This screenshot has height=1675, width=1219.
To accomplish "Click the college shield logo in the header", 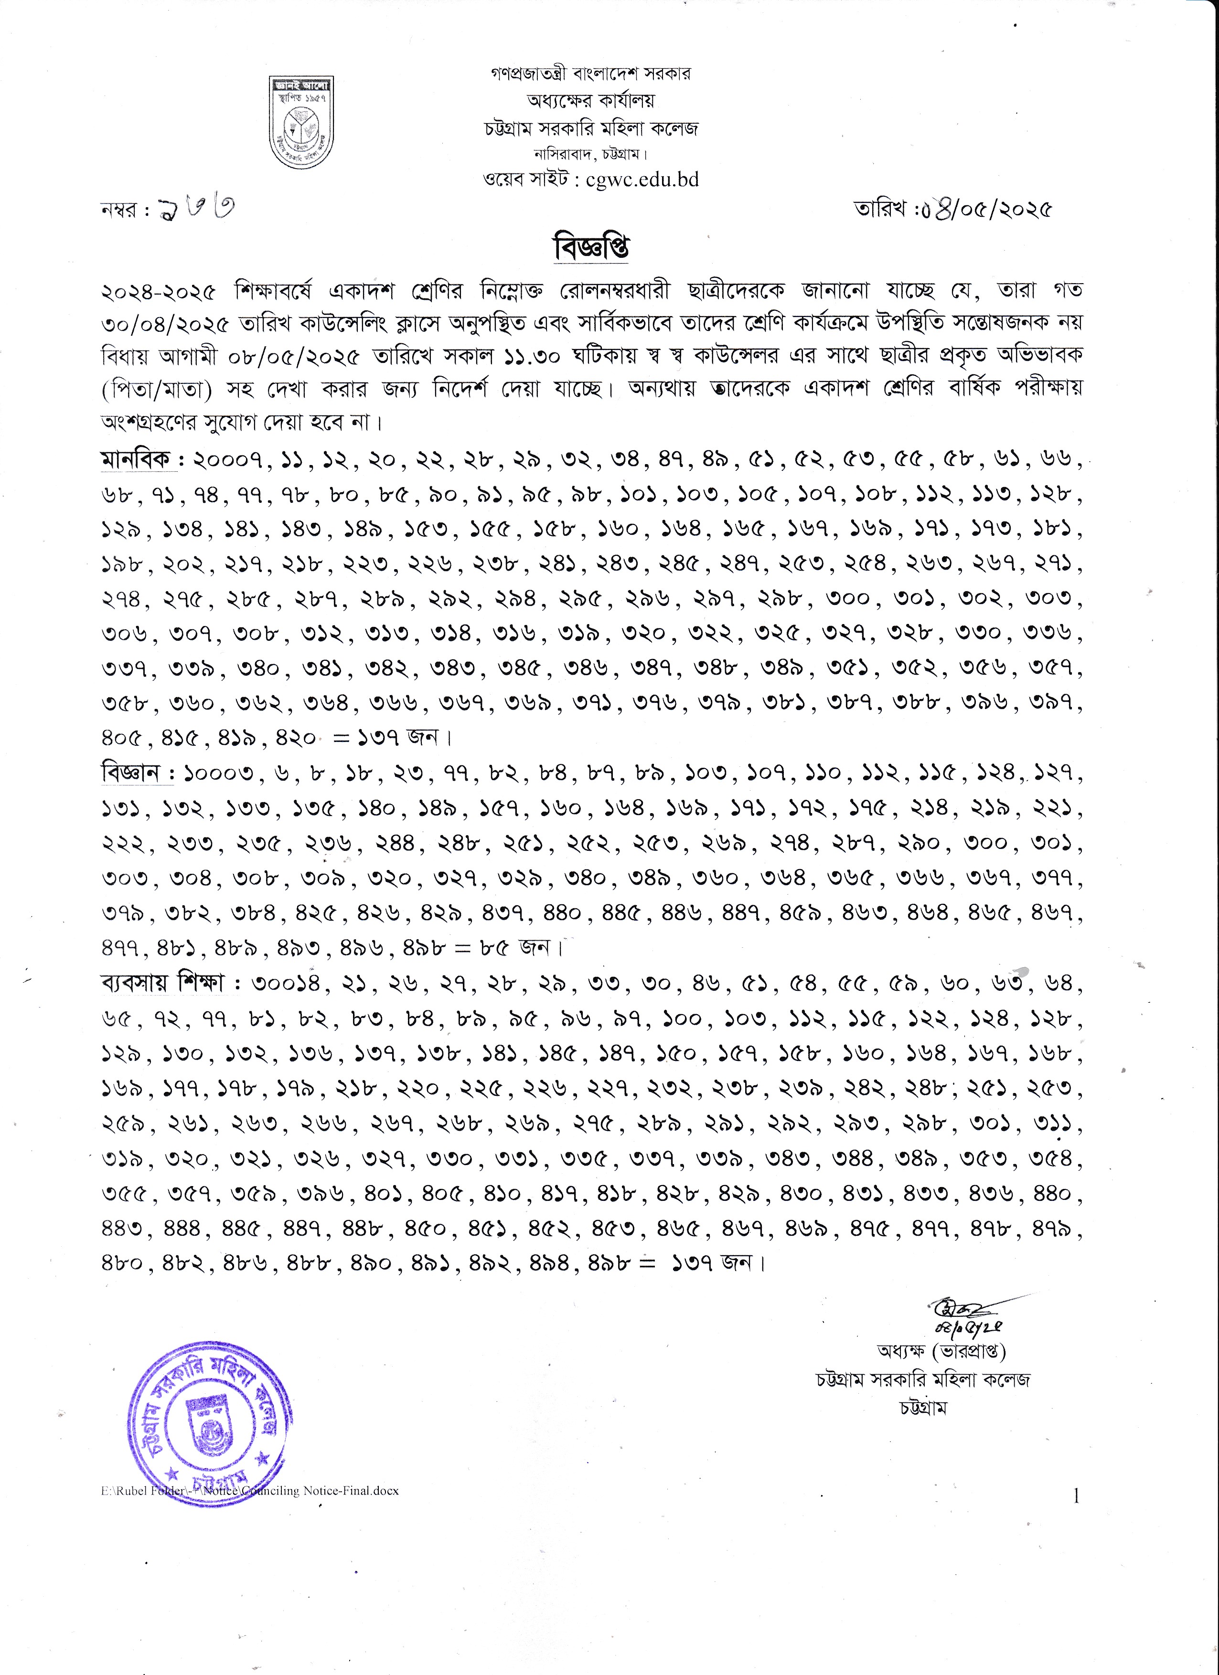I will click(x=300, y=122).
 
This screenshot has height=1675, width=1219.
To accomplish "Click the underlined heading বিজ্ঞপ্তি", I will click(x=591, y=247).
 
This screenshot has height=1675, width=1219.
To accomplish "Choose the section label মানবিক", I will click(x=138, y=460).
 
